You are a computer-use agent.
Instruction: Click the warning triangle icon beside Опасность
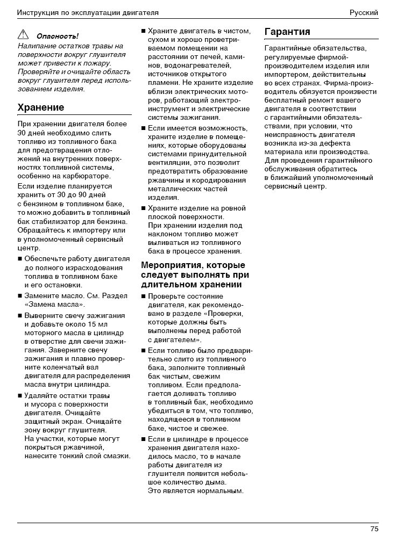[23, 35]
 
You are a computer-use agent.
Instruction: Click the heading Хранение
[41, 107]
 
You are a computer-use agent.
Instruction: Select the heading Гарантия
[287, 32]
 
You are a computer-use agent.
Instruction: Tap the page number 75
[374, 529]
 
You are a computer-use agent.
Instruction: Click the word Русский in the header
[364, 12]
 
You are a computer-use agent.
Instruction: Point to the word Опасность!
[57, 37]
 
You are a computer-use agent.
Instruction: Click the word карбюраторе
[87, 176]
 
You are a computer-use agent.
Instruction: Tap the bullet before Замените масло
[20, 296]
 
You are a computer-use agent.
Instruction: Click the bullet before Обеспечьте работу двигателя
[20, 259]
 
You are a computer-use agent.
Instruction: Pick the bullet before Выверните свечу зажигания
[20, 315]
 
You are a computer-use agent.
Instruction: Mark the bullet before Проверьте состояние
[143, 297]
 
